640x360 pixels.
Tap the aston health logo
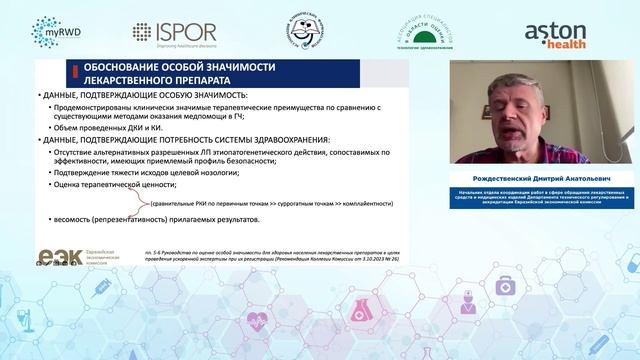coord(562,32)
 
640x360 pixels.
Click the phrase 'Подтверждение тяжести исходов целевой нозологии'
coord(154,171)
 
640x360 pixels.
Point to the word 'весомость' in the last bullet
coord(75,217)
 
